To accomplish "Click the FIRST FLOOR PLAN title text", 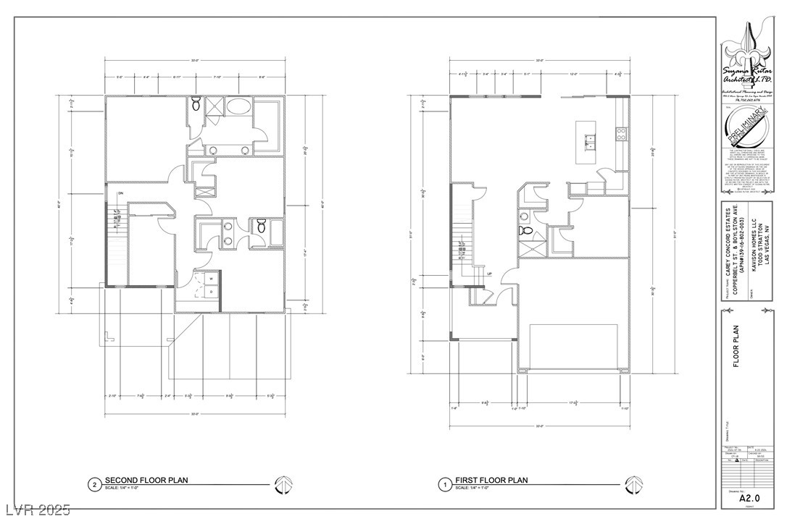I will click(491, 481).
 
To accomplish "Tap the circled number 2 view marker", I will click(93, 484).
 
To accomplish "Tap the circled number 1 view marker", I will click(442, 484).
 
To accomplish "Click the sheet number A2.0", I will click(749, 498).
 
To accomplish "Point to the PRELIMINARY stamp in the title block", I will click(749, 126).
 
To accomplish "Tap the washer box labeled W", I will click(211, 277).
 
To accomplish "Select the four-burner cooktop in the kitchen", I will click(620, 132).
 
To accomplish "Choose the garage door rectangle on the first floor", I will click(573, 347).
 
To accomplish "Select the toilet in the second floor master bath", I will click(196, 107).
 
